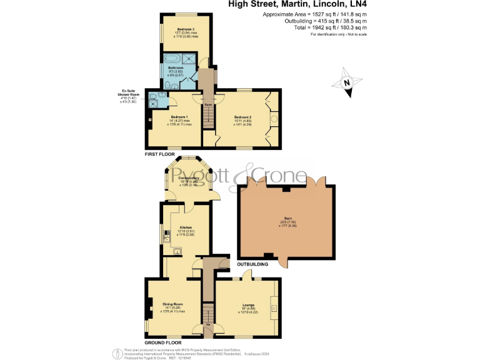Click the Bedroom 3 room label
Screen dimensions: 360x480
click(186, 29)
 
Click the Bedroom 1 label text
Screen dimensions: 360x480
click(178, 117)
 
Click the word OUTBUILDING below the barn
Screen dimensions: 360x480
click(252, 264)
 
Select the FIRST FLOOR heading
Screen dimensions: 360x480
click(159, 153)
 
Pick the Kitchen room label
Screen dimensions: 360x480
click(186, 227)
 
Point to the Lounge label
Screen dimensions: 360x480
click(248, 304)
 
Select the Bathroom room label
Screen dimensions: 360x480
click(176, 67)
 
